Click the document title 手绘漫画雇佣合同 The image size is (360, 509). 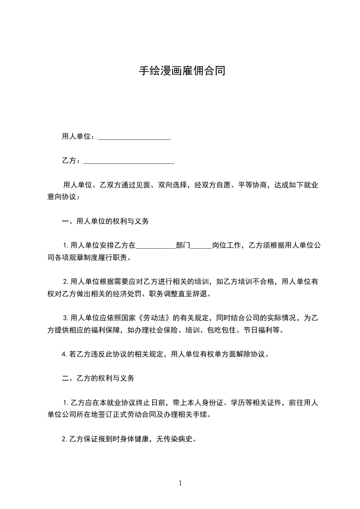click(x=182, y=71)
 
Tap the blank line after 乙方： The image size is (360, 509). click(x=129, y=162)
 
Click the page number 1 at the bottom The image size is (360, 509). click(x=180, y=483)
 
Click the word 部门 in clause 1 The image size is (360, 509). click(x=183, y=246)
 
